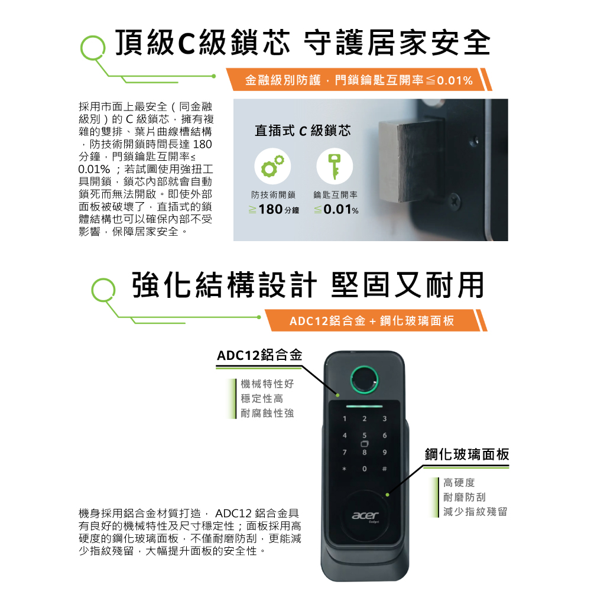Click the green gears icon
pos(272,166)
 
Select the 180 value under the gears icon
pos(271,209)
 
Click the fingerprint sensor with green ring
pos(363,379)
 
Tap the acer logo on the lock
pos(365,515)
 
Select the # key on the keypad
pos(385,469)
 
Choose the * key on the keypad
pos(344,469)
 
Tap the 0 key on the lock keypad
pos(365,469)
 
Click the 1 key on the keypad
pos(345,419)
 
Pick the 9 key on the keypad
pos(385,452)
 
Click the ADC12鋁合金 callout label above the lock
pos(259,355)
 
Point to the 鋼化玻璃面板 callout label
pos(467,454)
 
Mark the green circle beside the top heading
pos(93,48)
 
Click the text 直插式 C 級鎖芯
pos(303,131)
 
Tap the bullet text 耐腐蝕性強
pos(267,413)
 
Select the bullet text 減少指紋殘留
pos(475,511)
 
